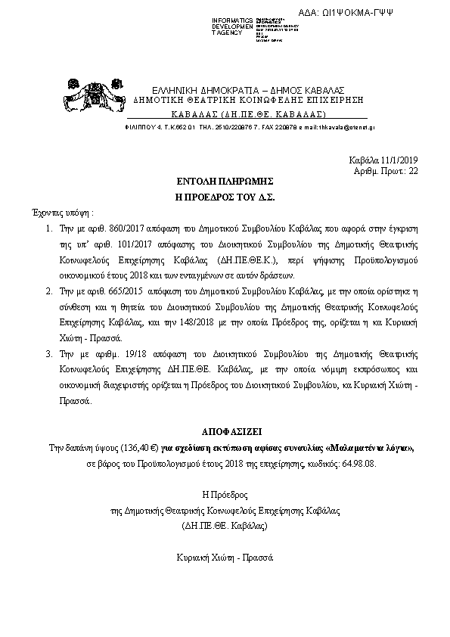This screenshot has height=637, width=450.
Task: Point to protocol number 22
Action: tap(412, 172)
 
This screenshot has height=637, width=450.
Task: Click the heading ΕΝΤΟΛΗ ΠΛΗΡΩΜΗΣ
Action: tap(225, 182)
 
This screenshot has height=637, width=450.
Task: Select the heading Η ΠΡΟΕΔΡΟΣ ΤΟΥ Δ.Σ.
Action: tap(225, 197)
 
